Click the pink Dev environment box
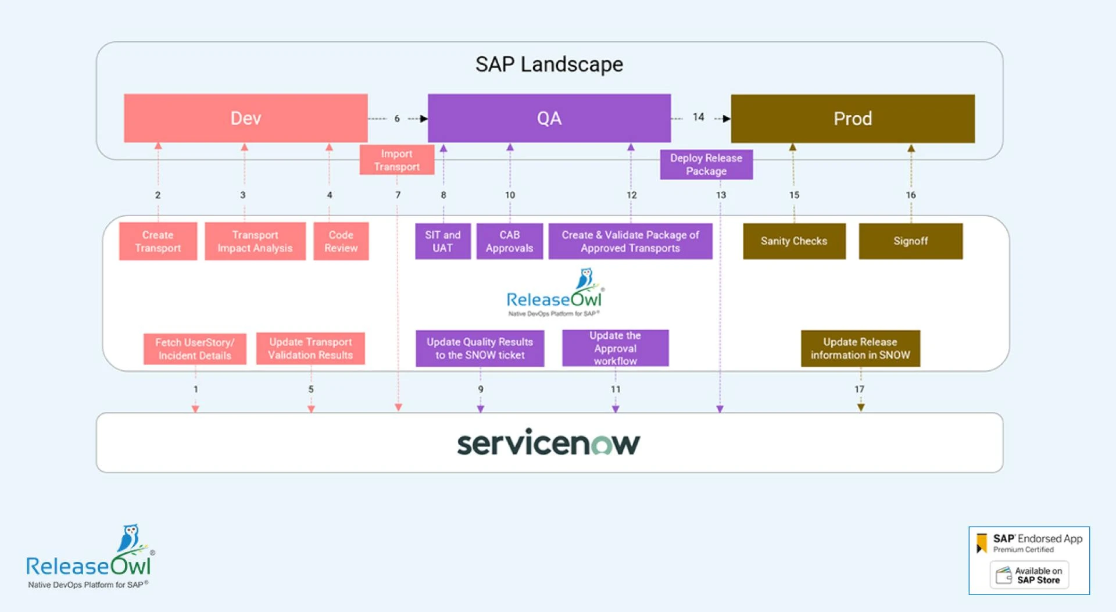pos(245,118)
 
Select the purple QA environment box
pos(549,118)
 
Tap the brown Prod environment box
pos(852,119)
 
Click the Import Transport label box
pos(396,160)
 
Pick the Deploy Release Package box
pos(706,164)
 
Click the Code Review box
pos(341,241)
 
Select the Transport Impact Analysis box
pos(255,241)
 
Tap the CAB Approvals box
pos(509,241)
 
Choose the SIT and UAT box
pos(442,241)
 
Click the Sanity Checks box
pos(793,241)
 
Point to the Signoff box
pos(910,241)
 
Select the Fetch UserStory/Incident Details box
pos(195,349)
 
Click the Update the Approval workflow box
pos(615,348)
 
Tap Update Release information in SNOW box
pos(860,348)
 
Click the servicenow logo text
pos(548,443)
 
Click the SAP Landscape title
pos(549,64)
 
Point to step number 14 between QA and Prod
pos(698,117)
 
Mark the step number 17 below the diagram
pos(859,389)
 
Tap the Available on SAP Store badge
pos(1029,575)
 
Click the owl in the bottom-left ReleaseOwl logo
pos(130,538)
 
